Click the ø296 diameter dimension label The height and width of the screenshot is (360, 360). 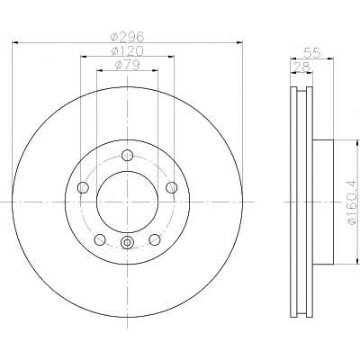pos(127,37)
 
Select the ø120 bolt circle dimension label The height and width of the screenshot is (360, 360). pos(127,51)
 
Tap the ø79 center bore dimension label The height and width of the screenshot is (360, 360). pos(127,65)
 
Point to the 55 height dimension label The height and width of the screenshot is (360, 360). pos(312,53)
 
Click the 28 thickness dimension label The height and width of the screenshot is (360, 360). pos(301,67)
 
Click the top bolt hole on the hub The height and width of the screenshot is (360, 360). pos(127,155)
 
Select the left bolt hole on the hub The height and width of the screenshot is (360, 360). pos(83,188)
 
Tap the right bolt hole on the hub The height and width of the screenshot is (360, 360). pos(172,187)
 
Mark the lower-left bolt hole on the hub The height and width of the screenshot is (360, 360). pos(100,239)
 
